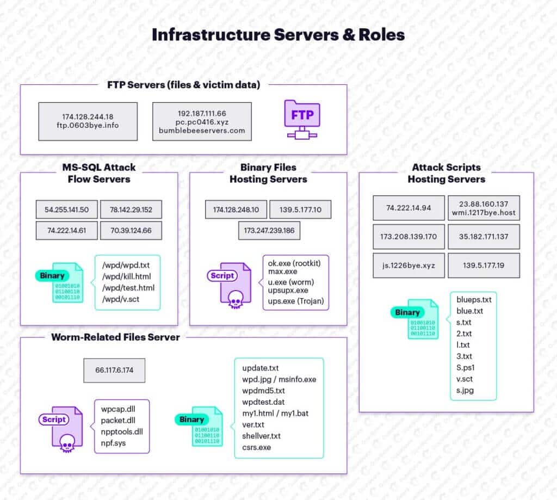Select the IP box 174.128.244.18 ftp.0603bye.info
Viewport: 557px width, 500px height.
87,121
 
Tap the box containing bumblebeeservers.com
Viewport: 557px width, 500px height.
202,121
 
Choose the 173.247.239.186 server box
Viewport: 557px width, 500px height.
269,231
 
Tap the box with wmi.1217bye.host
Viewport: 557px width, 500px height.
484,208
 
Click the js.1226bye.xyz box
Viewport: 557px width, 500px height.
409,266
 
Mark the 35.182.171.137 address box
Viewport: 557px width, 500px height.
484,237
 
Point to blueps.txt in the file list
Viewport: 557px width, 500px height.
474,300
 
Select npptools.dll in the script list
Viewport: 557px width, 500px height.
122,431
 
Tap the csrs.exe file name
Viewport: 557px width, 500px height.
256,447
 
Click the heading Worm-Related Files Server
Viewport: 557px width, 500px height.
115,337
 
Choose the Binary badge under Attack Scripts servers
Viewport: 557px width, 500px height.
407,312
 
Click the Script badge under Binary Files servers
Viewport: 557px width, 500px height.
222,276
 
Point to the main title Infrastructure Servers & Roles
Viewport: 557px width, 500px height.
278,35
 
